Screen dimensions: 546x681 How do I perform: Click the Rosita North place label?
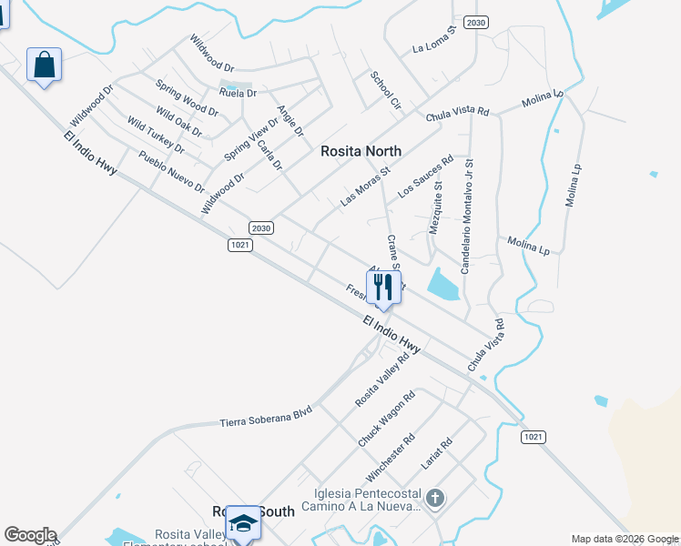pyautogui.click(x=361, y=152)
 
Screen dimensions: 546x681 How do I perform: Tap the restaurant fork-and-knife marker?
pyautogui.click(x=383, y=288)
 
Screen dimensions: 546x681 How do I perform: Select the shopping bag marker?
pyautogui.click(x=44, y=66)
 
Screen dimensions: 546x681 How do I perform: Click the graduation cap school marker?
pyautogui.click(x=243, y=523)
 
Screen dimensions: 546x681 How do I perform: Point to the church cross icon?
pyautogui.click(x=435, y=498)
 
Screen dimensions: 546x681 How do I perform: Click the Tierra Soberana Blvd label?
pyautogui.click(x=266, y=417)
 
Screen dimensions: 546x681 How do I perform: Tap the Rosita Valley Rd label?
pyautogui.click(x=381, y=379)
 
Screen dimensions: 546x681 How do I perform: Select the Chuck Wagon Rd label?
pyautogui.click(x=386, y=419)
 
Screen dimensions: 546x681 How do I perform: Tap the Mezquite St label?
pyautogui.click(x=435, y=207)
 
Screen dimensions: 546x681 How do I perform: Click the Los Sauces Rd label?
pyautogui.click(x=425, y=177)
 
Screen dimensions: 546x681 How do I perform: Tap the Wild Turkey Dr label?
pyautogui.click(x=156, y=136)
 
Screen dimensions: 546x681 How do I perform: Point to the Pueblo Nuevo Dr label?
pyautogui.click(x=172, y=172)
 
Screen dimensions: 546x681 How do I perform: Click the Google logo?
pyautogui.click(x=30, y=535)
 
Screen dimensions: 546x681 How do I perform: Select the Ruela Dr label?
pyautogui.click(x=238, y=93)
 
